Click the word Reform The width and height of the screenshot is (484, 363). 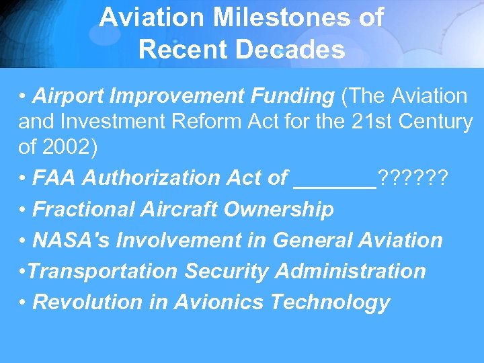pyautogui.click(x=202, y=122)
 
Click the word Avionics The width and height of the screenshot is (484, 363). pyautogui.click(x=219, y=302)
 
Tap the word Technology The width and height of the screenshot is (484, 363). pyautogui.click(x=330, y=302)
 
